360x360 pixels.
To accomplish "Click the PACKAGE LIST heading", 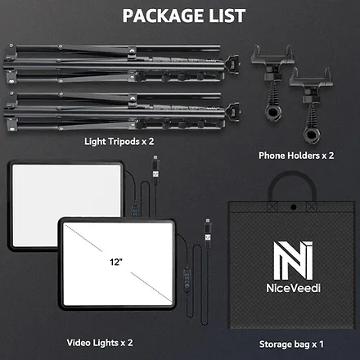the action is click(x=184, y=16).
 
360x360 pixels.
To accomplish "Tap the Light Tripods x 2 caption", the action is click(x=119, y=142).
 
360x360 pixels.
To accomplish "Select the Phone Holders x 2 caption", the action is click(x=296, y=155).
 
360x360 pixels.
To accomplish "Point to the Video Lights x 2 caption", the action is click(x=100, y=343).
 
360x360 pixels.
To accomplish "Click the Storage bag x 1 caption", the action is click(x=291, y=344).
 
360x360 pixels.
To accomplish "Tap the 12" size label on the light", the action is click(x=116, y=262).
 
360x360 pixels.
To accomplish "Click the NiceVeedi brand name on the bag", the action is click(x=293, y=288).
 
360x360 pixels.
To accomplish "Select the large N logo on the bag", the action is click(x=293, y=260).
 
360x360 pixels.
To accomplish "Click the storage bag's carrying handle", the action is click(x=292, y=178).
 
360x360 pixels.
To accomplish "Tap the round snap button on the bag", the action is click(x=294, y=207).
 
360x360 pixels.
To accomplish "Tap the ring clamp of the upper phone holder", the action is click(x=273, y=112).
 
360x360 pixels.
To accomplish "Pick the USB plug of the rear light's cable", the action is click(x=155, y=166).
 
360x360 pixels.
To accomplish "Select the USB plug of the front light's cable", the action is click(x=208, y=231).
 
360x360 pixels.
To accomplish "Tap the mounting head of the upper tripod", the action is click(x=232, y=63).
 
